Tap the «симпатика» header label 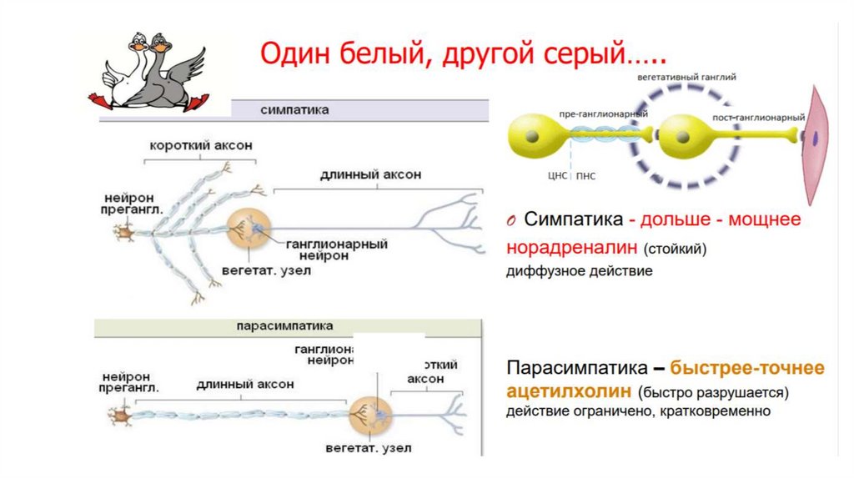tap(294, 110)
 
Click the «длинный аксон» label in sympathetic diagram tap(370, 174)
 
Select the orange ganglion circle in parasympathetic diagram tap(368, 413)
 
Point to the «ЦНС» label tap(558, 176)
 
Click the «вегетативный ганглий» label tap(686, 76)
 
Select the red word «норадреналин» tap(570, 248)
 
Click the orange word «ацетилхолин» tap(568, 391)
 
